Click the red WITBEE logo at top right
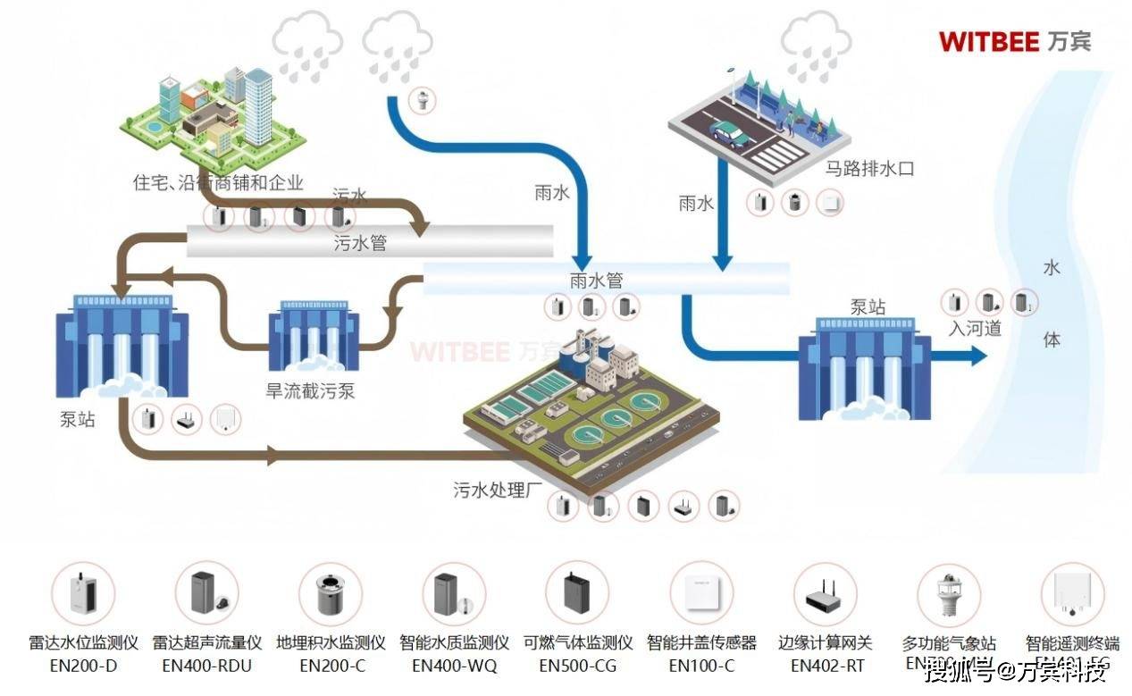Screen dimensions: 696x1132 (x=1013, y=41)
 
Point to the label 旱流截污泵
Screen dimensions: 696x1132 (x=310, y=390)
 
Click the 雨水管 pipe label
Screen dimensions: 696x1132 (x=596, y=280)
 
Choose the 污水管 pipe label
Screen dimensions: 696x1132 (x=360, y=242)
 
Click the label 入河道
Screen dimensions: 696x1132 (x=975, y=328)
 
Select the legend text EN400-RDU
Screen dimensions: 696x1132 (x=207, y=665)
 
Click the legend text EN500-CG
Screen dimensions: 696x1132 (x=577, y=665)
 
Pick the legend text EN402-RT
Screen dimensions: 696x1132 (x=826, y=665)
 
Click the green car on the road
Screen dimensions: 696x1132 (x=729, y=134)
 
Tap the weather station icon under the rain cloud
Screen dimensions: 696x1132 (x=423, y=99)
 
